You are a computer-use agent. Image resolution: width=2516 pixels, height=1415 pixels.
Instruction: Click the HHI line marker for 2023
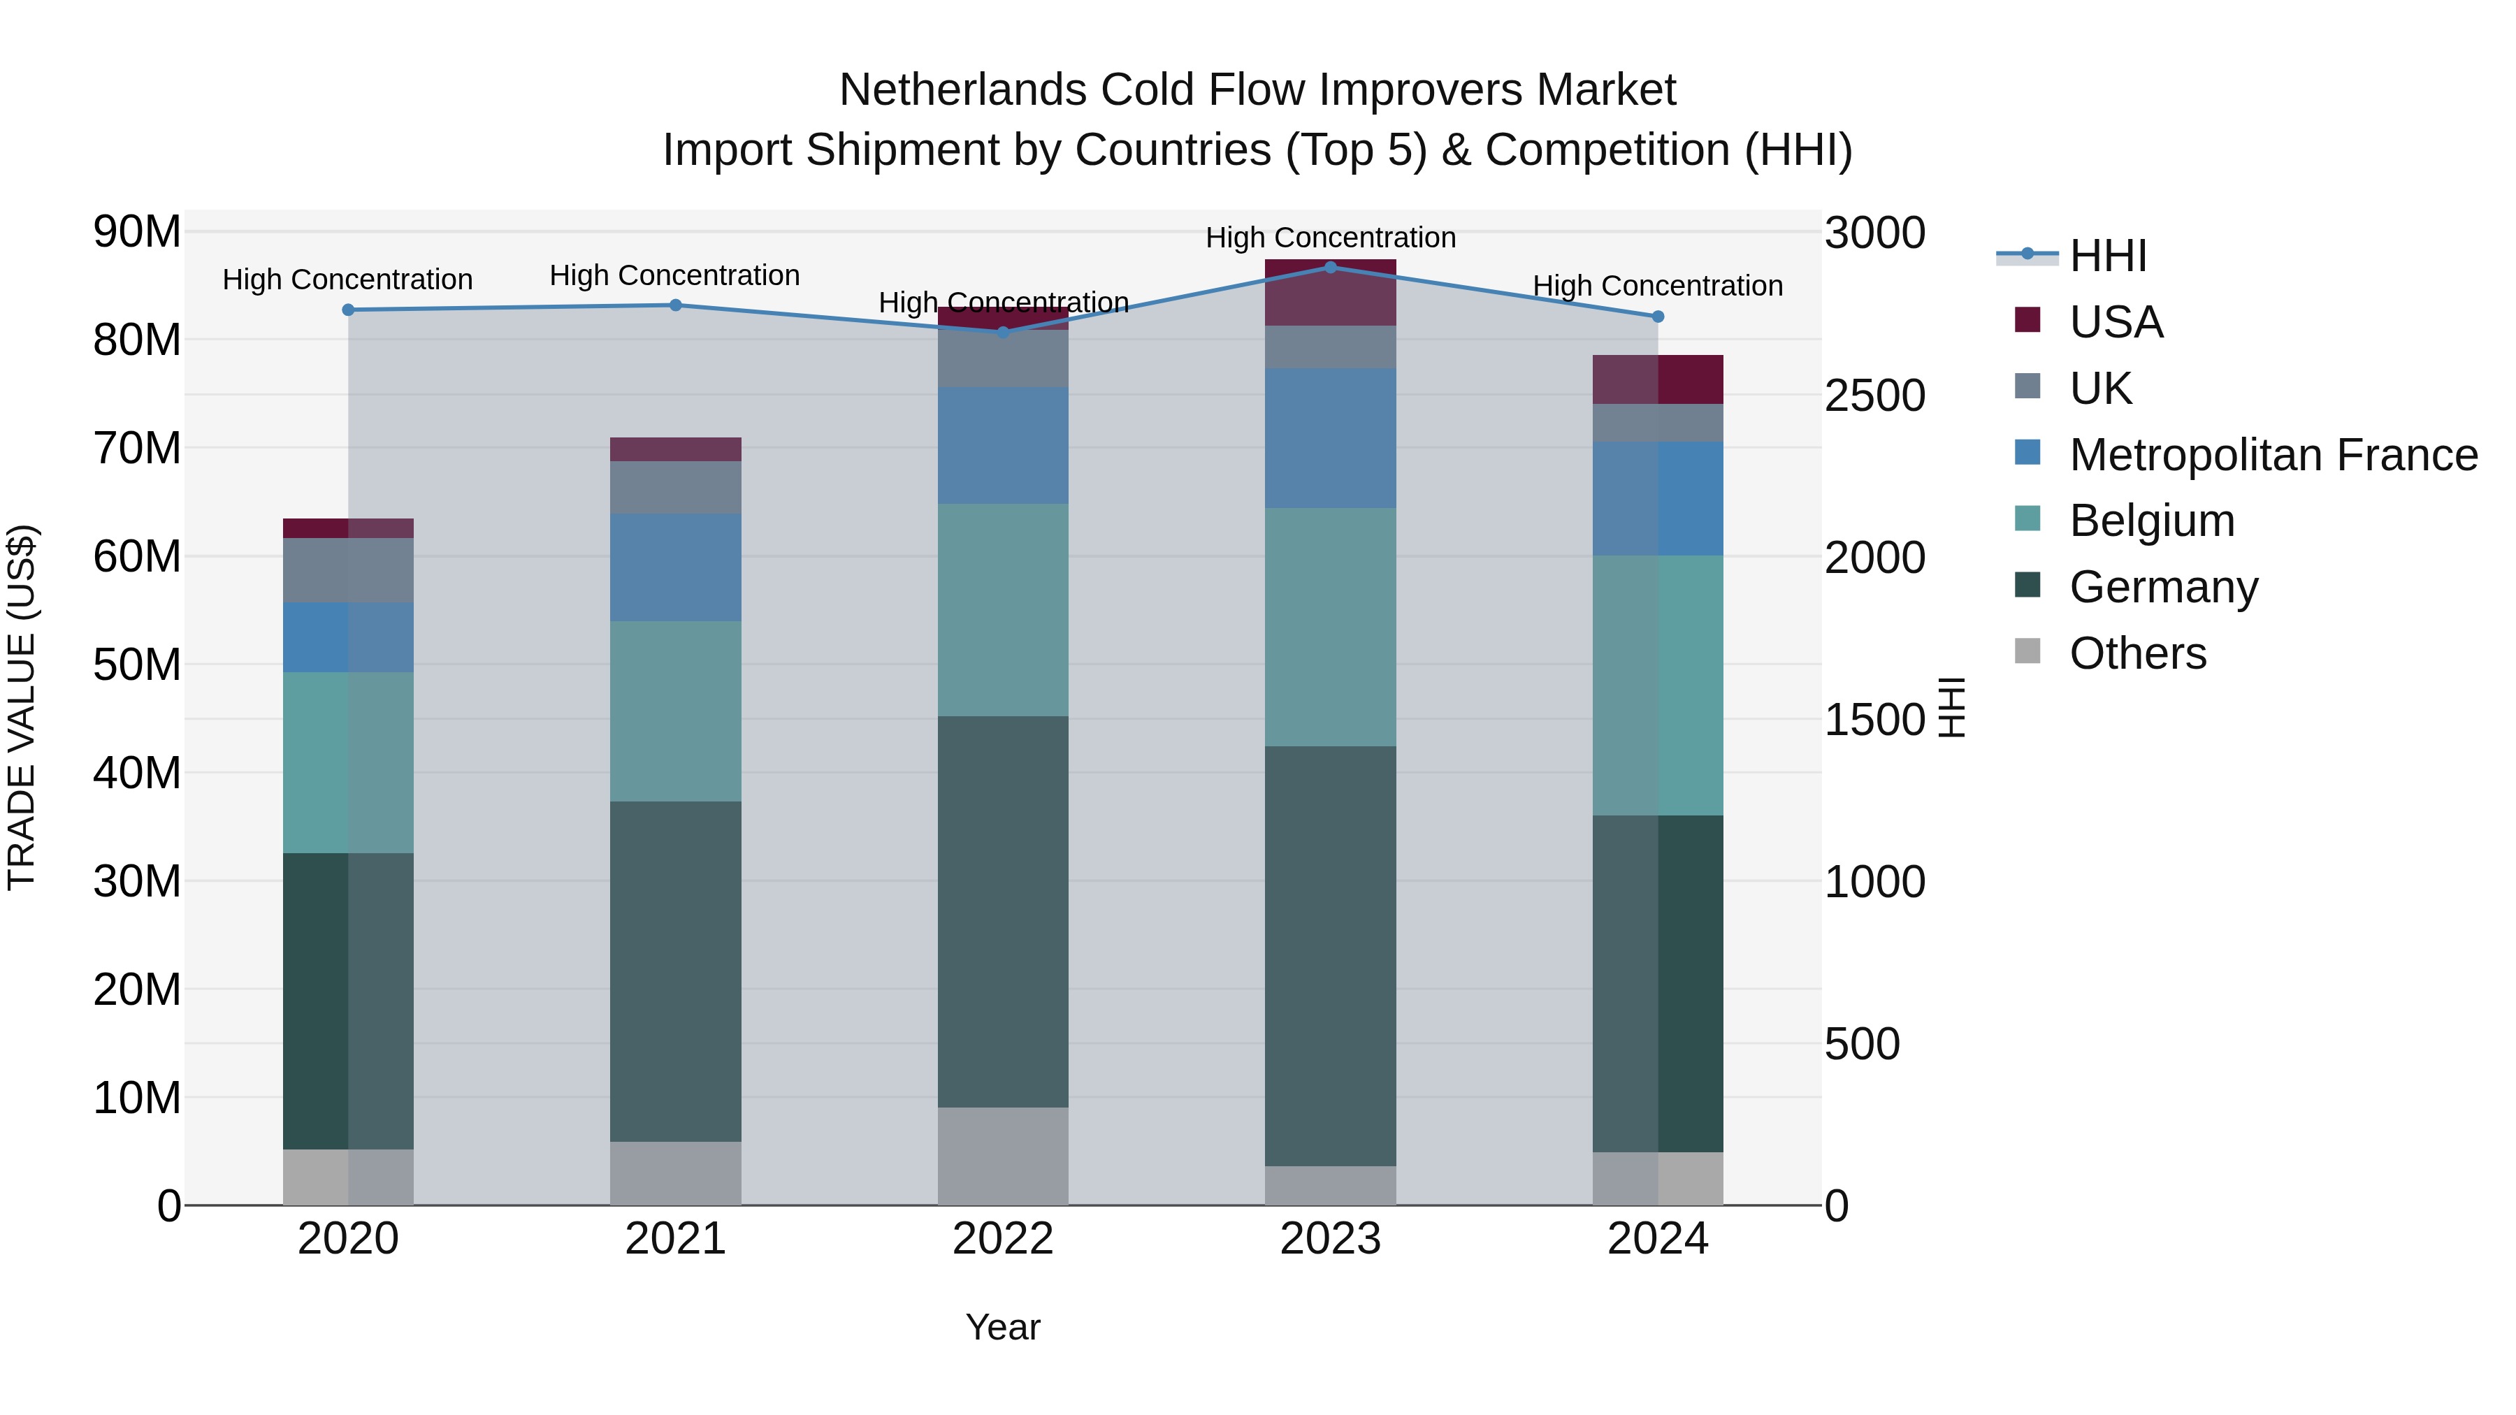click(1329, 267)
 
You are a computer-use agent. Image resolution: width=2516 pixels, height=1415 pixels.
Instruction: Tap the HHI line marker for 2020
click(348, 310)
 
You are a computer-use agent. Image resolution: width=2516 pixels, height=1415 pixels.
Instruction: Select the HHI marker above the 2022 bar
click(1002, 332)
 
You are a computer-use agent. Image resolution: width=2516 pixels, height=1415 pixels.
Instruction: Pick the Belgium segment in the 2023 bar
click(1329, 626)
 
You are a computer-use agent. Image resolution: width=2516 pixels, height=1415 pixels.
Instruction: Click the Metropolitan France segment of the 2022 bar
click(1002, 445)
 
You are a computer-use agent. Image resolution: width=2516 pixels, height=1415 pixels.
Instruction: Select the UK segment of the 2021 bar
click(675, 487)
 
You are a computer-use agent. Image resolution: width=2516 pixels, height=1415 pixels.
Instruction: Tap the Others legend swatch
click(2027, 651)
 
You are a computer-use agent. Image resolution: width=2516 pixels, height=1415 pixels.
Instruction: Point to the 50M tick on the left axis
click(137, 665)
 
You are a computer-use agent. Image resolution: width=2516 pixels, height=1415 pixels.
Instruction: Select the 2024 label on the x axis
click(1658, 1239)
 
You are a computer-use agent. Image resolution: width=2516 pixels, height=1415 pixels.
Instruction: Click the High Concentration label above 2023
click(1329, 238)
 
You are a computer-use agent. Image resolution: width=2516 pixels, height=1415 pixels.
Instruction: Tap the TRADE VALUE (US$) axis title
click(22, 707)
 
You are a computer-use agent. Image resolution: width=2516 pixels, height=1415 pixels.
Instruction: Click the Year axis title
click(1002, 1327)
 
